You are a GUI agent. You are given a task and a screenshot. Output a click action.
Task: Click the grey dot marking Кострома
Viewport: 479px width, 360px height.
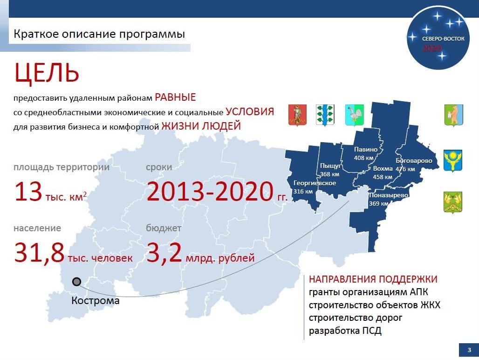pos(76,282)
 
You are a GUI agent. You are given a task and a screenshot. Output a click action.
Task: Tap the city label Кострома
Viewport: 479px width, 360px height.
pos(96,300)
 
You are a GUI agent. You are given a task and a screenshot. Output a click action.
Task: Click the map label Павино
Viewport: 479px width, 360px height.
pos(366,149)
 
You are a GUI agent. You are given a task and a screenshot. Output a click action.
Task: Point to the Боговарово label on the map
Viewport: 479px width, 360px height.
pos(414,161)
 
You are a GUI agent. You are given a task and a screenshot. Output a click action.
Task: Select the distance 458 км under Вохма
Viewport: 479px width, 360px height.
pos(383,177)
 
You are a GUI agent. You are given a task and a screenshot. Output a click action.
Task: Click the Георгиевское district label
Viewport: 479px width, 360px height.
pos(315,183)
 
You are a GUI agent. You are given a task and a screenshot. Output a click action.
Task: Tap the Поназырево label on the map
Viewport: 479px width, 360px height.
pos(389,195)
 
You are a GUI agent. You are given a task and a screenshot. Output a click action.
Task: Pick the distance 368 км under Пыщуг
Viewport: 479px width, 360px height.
pos(329,174)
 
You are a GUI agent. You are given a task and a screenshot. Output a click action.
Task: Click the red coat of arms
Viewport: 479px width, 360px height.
pos(297,115)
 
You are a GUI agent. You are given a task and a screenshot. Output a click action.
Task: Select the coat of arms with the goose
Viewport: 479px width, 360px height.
pos(355,115)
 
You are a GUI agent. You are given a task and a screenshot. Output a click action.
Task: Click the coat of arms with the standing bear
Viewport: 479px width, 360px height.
pos(454,115)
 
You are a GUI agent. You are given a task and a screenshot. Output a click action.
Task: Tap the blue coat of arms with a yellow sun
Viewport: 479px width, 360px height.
pos(452,160)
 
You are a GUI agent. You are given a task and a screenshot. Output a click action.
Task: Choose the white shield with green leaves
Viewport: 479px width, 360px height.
pos(325,115)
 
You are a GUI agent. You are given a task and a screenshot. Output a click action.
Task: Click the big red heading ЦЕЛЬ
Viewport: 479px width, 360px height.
pos(47,73)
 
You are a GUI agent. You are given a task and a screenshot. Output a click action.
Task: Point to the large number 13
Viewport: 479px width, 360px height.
pos(28,192)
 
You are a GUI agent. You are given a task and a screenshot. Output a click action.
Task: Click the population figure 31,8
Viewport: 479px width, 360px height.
pos(39,253)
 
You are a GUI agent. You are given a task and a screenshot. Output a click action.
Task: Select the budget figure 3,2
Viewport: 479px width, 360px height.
pos(164,253)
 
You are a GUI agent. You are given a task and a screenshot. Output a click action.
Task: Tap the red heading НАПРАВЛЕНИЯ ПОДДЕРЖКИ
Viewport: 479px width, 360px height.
pos(373,279)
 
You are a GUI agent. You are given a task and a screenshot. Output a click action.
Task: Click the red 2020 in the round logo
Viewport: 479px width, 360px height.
pos(432,48)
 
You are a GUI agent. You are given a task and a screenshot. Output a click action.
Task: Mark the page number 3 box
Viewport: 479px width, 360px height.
pos(469,350)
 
